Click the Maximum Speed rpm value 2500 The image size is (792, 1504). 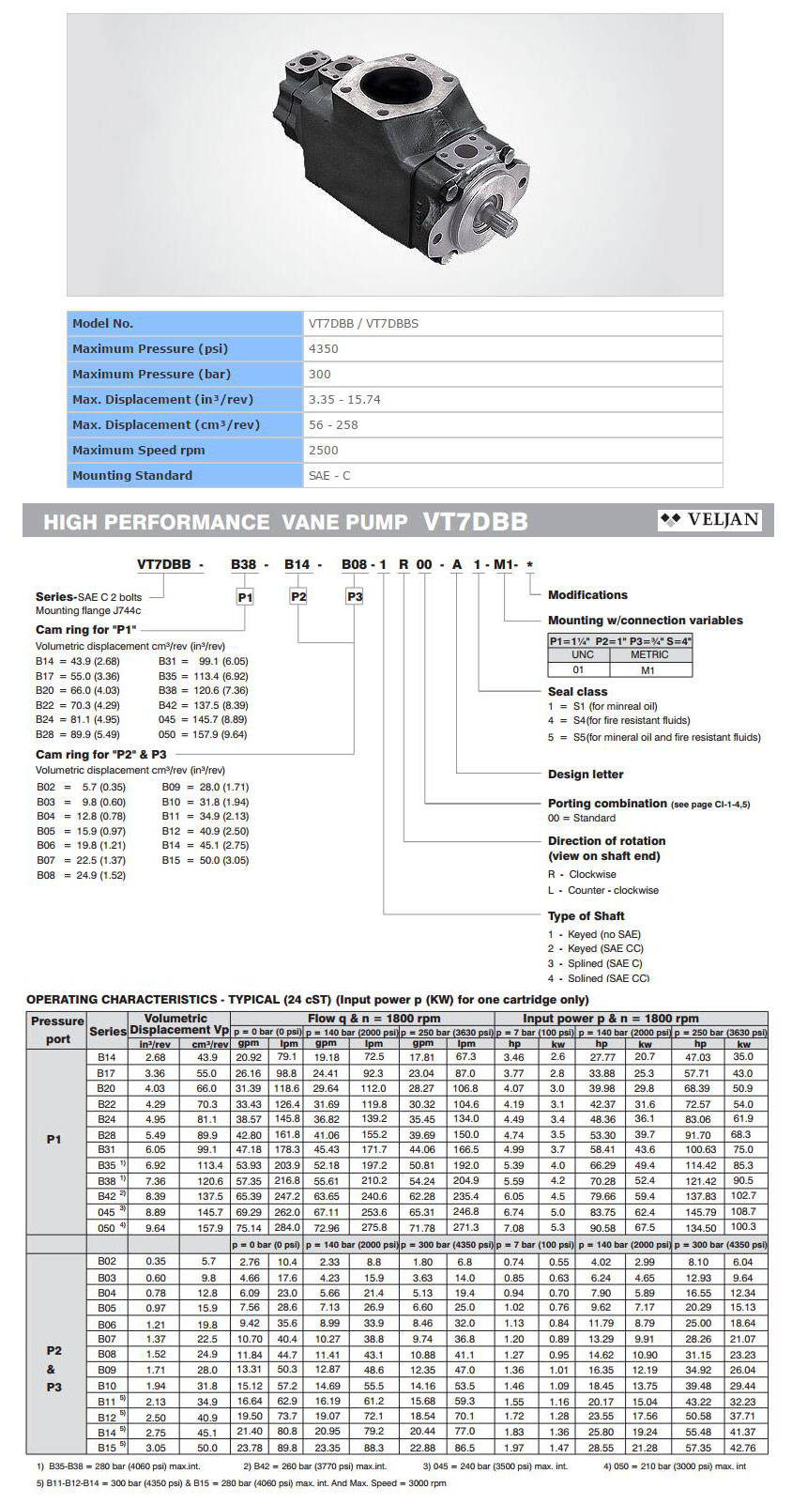click(324, 450)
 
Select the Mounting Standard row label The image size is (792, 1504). click(132, 475)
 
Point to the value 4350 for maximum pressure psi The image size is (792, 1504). click(324, 348)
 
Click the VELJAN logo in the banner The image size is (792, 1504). click(710, 520)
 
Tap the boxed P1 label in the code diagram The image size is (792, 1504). click(245, 596)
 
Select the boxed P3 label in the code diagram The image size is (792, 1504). click(354, 596)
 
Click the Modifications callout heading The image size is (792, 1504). click(587, 594)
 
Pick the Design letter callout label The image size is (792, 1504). click(586, 774)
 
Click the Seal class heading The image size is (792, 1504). click(578, 691)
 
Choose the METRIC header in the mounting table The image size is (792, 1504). click(649, 654)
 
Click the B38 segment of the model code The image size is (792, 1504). click(244, 564)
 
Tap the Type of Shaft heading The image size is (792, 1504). click(586, 915)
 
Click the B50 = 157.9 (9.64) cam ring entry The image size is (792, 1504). click(203, 734)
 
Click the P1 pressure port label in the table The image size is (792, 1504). click(54, 1139)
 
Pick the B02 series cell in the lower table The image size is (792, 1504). click(107, 1261)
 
